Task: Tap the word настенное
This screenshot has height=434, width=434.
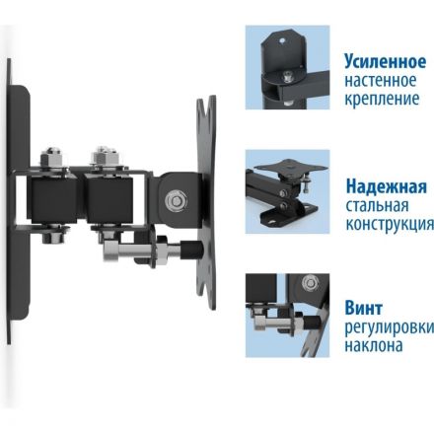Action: click(x=383, y=80)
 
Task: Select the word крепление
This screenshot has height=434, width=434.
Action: click(x=382, y=100)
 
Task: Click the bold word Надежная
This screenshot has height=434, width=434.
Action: click(x=387, y=187)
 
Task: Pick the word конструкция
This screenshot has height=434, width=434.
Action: click(x=386, y=227)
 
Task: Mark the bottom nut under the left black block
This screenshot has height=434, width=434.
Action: click(x=55, y=237)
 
